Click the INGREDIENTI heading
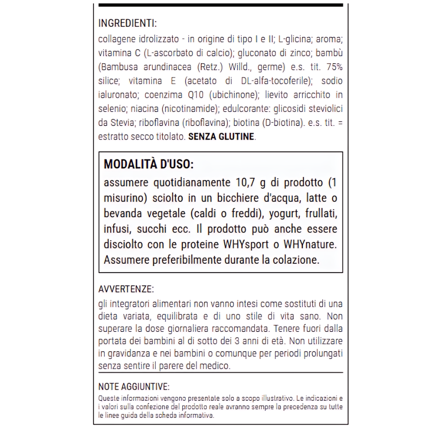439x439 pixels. click(x=127, y=23)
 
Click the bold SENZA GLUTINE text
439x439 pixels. click(x=221, y=137)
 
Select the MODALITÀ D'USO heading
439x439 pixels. click(x=148, y=165)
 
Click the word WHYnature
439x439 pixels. click(x=311, y=244)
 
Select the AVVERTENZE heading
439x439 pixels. click(x=126, y=289)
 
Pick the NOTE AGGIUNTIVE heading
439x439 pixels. click(x=134, y=387)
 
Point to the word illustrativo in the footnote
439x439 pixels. click(x=277, y=399)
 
